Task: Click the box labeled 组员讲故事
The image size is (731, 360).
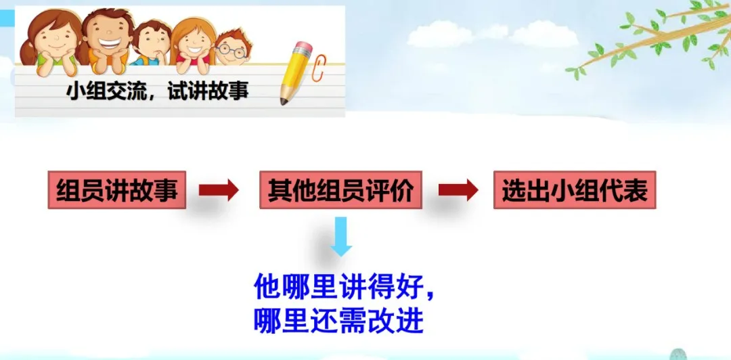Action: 116,192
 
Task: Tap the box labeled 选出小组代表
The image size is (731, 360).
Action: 575,192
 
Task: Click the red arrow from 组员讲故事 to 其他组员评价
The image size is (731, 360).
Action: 219,191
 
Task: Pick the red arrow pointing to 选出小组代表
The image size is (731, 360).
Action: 458,191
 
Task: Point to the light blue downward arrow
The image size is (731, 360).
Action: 341,237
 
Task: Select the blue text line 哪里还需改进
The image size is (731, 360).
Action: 338,321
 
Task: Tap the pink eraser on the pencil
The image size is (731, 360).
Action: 303,49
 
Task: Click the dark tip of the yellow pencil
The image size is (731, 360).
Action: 284,102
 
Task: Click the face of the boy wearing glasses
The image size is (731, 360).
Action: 231,49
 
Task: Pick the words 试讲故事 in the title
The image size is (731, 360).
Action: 210,90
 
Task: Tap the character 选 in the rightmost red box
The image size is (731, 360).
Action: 514,192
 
